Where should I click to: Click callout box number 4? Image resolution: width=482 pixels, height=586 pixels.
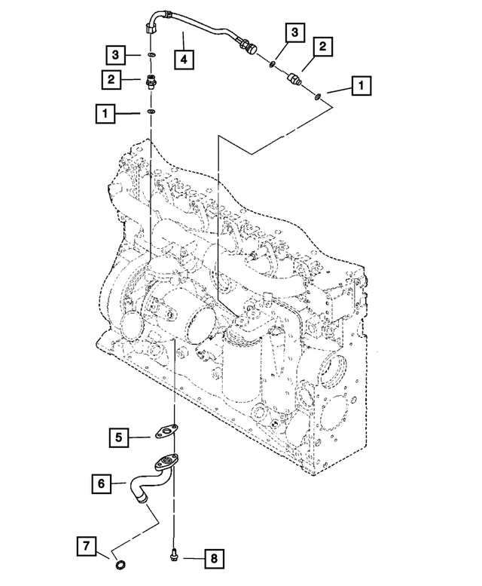tap(184, 59)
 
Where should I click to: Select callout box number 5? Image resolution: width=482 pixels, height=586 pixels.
tap(119, 437)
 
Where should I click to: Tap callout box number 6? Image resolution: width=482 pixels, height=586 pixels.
tap(102, 483)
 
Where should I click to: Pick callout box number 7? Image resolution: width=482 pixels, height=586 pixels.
tap(87, 546)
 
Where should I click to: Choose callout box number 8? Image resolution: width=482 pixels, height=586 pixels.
tap(214, 559)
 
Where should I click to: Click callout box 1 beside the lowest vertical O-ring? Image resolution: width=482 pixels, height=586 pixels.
tap(105, 113)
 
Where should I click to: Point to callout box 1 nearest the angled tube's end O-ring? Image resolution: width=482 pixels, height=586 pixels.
tap(361, 86)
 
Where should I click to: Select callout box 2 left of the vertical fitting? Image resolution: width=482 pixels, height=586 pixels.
tap(111, 79)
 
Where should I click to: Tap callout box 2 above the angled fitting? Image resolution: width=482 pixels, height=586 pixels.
tap(322, 46)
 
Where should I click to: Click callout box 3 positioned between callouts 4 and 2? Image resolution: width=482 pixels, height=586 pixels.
tap(295, 32)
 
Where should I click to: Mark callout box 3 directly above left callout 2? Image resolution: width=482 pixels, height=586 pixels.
tap(115, 54)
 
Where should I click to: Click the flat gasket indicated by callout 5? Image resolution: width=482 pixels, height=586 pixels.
tap(166, 431)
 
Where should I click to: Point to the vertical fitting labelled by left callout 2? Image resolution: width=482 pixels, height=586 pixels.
tap(151, 81)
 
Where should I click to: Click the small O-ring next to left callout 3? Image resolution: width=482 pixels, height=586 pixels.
tap(151, 55)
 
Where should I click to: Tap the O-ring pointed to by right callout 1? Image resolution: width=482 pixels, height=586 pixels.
tap(318, 97)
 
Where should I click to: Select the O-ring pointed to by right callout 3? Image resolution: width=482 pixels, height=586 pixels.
tap(273, 65)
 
